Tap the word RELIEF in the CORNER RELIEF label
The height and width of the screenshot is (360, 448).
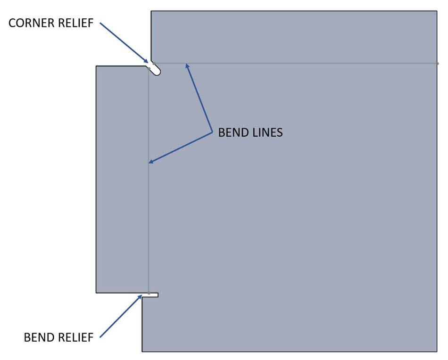tap(76, 23)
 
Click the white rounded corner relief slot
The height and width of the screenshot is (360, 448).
tap(156, 69)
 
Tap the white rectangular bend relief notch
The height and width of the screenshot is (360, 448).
tap(153, 295)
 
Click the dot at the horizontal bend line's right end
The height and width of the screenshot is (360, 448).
tap(437, 63)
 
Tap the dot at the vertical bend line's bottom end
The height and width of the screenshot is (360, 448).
tap(149, 293)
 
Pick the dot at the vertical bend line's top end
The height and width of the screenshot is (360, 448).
tap(149, 69)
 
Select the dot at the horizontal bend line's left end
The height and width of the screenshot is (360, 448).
tap(153, 63)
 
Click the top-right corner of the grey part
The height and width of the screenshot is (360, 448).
tap(437, 11)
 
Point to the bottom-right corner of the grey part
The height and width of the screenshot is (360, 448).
tap(437, 351)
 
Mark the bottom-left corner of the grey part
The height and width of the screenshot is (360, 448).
tap(142, 351)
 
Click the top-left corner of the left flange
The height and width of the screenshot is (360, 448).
tap(96, 66)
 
